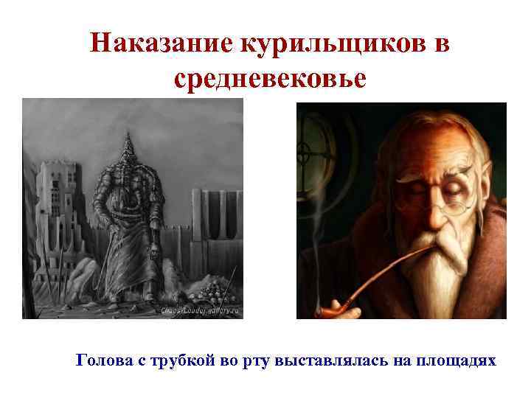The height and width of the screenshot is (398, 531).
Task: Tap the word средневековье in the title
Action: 270,78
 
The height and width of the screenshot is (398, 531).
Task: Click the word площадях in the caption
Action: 453,361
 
